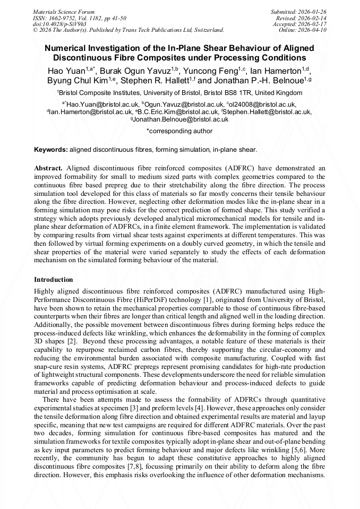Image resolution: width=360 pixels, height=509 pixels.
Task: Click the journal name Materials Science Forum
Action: point(64,12)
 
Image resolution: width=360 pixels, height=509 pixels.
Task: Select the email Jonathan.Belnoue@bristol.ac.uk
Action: point(181,119)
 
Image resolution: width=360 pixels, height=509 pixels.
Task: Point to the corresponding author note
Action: point(179,131)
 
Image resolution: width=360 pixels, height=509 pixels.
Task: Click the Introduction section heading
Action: point(54,279)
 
